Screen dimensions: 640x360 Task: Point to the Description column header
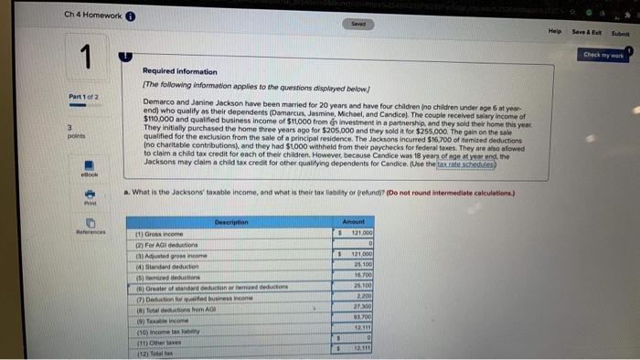coord(230,221)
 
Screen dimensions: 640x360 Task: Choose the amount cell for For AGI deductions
coord(356,244)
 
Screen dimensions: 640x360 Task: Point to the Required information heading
coord(180,70)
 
